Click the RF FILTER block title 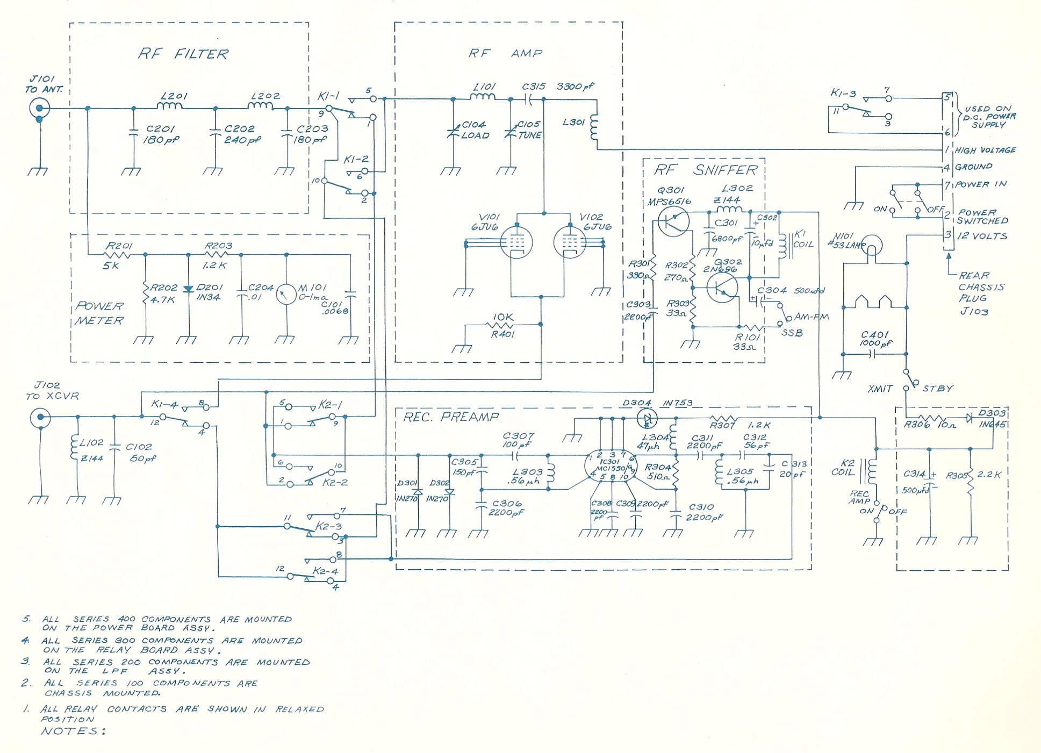click(x=183, y=54)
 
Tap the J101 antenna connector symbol click(x=39, y=108)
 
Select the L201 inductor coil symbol click(x=171, y=106)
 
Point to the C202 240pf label click(x=242, y=134)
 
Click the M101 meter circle click(x=286, y=294)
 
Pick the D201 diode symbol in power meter click(x=188, y=289)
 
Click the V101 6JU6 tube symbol click(x=516, y=242)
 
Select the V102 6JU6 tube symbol click(x=570, y=242)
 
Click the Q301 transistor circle click(x=673, y=221)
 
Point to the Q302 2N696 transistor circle click(x=722, y=288)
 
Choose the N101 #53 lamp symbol click(x=871, y=246)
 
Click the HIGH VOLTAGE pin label click(x=985, y=150)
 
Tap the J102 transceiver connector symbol click(x=40, y=417)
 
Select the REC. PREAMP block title click(x=451, y=417)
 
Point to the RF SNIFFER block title click(x=706, y=170)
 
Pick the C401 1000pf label click(x=874, y=339)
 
